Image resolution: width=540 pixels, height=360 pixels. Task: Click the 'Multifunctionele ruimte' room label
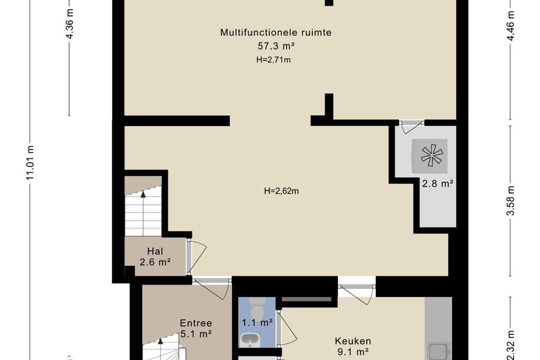pos(276,33)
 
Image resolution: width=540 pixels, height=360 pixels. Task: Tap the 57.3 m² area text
pos(276,46)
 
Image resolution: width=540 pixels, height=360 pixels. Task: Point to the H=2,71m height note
pos(273,60)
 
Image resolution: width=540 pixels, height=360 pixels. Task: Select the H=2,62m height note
pos(281,191)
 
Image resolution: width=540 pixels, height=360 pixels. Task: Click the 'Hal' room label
pos(155,251)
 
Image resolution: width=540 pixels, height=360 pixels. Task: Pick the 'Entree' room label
pos(196,323)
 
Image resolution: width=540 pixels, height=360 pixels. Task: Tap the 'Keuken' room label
pos(353,341)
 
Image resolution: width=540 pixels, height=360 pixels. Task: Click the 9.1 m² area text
pos(353,352)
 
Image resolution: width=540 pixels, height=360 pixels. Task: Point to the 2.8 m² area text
pos(438,183)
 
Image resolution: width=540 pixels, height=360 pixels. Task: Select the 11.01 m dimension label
pos(30,162)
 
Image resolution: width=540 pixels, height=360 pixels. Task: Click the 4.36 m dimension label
pos(69,23)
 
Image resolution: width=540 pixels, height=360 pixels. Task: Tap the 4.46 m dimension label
pos(510,26)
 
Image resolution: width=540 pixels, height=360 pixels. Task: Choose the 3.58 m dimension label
pos(510,201)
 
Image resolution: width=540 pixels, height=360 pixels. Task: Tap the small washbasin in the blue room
pos(250,339)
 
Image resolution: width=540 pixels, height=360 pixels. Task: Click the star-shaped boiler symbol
pos(432,156)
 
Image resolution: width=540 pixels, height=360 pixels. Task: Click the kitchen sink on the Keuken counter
pos(438,351)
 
